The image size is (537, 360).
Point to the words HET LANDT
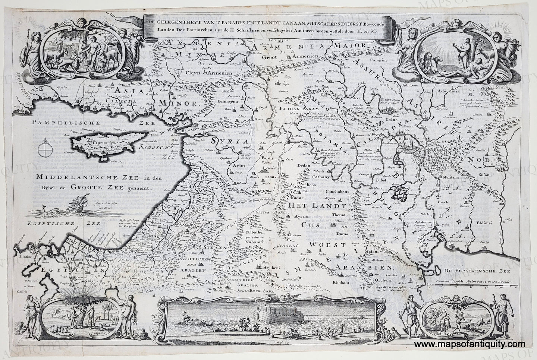(313, 204)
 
